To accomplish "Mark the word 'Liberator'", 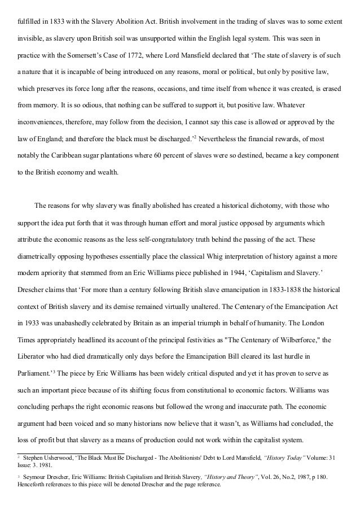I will [x=32, y=357].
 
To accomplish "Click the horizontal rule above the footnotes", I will [x=71, y=452].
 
